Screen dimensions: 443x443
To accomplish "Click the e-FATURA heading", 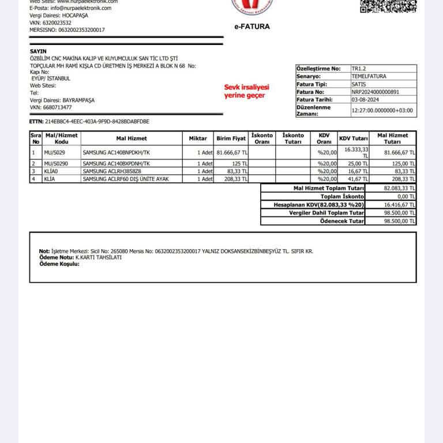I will (251, 27).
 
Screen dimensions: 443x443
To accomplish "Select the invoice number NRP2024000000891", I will (375, 92).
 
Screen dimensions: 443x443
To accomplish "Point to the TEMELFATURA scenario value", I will (369, 76).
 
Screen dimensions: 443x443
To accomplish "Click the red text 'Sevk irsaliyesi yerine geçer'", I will (247, 91).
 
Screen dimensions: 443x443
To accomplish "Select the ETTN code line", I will (89, 122).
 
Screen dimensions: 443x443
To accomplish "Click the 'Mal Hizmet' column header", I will (132, 138).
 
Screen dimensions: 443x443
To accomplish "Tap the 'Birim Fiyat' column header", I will (231, 138).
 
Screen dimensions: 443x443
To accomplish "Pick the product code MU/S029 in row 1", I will (55, 152).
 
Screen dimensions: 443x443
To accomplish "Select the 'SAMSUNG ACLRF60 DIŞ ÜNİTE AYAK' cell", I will (125, 179).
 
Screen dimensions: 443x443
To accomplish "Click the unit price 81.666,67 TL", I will (232, 152).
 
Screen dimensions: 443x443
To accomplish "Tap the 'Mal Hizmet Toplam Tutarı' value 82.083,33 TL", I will (399, 189).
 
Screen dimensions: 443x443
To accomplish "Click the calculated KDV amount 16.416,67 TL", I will (399, 205).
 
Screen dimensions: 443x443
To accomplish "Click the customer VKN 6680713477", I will (51, 107).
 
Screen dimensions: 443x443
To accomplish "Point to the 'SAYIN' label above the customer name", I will (38, 51).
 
